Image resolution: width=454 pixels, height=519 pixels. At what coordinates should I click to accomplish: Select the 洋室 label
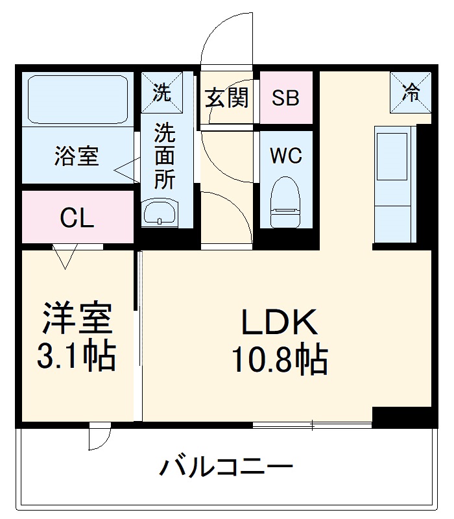coord(78,318)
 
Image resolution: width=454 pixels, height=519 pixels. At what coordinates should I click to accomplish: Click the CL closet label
coord(77,219)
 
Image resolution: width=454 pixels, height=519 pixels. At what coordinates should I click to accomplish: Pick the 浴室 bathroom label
coord(77,156)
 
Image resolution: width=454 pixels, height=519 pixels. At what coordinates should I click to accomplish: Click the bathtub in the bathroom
coord(78,99)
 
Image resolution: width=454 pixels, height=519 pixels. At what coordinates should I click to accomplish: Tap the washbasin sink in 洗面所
coord(160,211)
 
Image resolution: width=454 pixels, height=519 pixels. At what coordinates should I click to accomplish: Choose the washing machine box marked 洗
coord(161,92)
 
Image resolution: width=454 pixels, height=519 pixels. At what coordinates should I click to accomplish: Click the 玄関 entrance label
coord(227,98)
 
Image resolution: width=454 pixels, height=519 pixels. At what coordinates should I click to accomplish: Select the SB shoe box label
coord(285,98)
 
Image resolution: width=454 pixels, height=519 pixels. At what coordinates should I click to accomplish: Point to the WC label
coord(285,156)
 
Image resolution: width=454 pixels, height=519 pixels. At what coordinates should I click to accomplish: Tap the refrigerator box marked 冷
coord(410,93)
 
